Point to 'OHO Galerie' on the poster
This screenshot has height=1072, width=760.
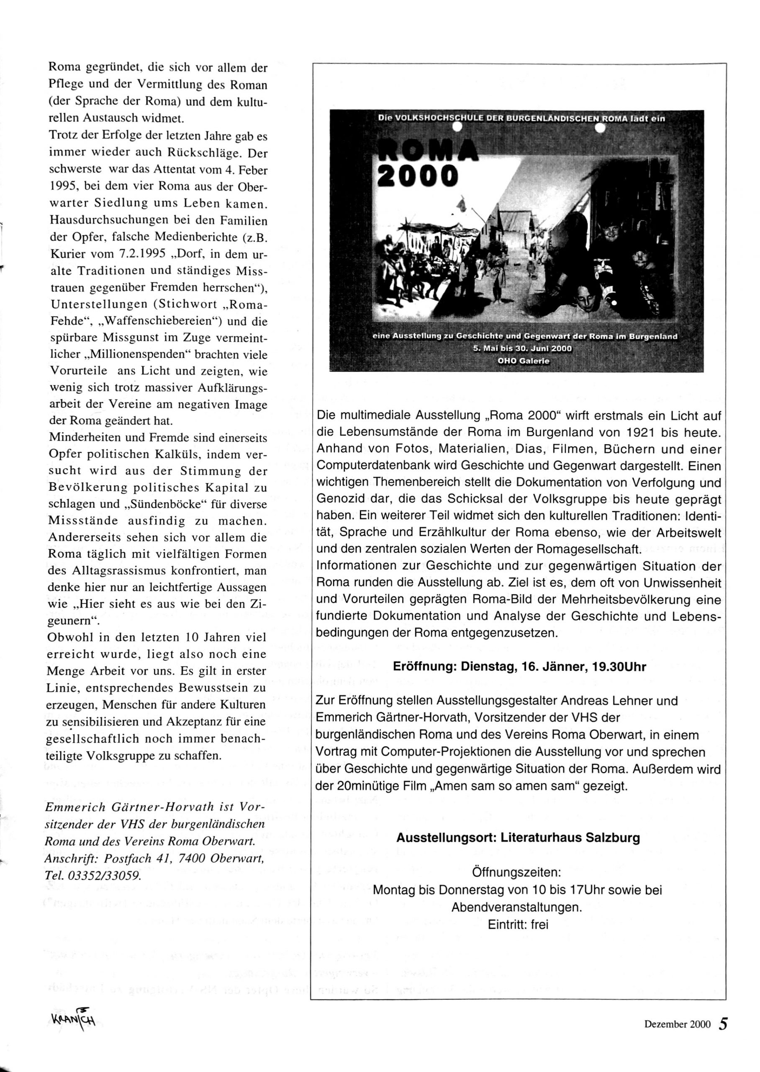coord(523,361)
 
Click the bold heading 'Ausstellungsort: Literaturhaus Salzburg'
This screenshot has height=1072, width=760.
coord(518,837)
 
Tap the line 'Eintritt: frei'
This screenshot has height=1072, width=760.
coord(518,925)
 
